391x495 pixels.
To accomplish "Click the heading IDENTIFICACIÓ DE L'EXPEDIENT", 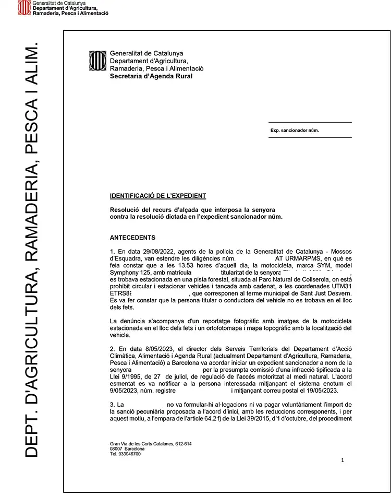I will click(158, 196).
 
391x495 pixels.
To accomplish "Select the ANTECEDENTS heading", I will click(132, 238).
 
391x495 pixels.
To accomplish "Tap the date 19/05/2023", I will click(325, 391).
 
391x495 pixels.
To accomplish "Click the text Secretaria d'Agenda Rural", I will click(151, 76).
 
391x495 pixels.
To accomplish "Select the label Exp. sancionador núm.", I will click(295, 131).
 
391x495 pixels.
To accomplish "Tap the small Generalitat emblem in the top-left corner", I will click(24, 8).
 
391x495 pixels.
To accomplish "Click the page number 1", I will click(342, 460).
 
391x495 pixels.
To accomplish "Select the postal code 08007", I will click(117, 449).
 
